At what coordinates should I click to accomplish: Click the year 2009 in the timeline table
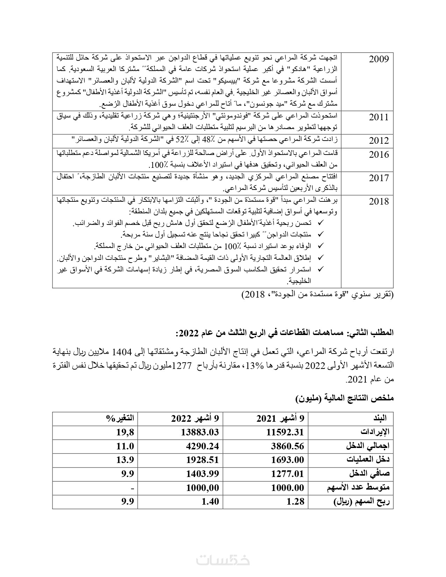tap(379, 59)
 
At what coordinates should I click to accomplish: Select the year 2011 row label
tap(379, 117)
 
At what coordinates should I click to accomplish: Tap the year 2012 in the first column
tap(379, 141)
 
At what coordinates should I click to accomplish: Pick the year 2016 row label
tap(379, 155)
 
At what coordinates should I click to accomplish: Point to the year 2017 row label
tap(379, 178)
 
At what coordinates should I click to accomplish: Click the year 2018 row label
tap(379, 201)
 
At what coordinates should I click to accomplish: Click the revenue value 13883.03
tap(200, 432)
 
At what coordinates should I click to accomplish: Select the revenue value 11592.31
tap(285, 432)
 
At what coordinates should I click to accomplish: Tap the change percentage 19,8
tap(125, 432)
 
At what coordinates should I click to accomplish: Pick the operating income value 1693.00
tap(288, 460)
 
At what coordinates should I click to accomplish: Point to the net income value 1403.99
tap(203, 474)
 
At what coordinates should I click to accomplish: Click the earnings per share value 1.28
tap(295, 501)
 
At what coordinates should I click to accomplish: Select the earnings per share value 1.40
tap(210, 501)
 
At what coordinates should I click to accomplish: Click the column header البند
tap(380, 418)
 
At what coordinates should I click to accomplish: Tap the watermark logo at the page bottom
tap(223, 560)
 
